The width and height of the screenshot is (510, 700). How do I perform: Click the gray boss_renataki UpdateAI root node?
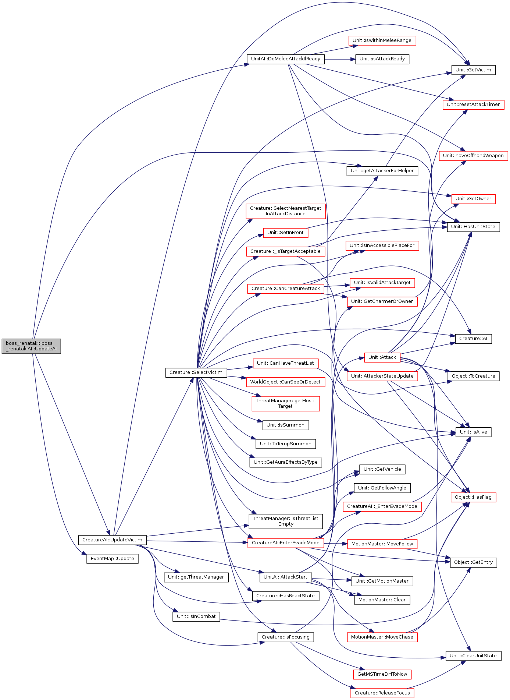click(31, 346)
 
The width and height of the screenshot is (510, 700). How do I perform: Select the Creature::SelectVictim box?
click(196, 372)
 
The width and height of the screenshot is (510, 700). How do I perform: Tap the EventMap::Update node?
click(113, 559)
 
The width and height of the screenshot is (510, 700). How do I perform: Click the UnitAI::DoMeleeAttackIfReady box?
click(286, 59)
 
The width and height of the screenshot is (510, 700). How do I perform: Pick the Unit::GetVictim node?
click(473, 70)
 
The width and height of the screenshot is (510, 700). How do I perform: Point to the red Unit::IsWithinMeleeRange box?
click(382, 40)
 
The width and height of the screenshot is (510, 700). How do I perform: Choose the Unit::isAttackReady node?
click(382, 59)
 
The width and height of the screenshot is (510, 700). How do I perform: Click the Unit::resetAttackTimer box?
click(473, 105)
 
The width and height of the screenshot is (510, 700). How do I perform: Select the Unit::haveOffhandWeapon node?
click(473, 156)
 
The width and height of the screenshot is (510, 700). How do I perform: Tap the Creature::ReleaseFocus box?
click(382, 693)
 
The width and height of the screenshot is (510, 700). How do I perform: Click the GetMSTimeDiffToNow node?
click(382, 674)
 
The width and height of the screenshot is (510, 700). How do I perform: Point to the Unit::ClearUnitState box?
click(473, 656)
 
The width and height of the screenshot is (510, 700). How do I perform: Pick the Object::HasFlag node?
click(473, 497)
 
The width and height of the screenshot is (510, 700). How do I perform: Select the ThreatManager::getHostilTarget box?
click(286, 403)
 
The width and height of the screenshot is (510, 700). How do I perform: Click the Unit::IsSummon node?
click(286, 425)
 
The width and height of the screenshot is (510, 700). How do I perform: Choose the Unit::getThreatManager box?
click(196, 577)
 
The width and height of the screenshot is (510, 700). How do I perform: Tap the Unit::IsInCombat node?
click(196, 616)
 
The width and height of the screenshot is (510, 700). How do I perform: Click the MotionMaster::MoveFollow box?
click(382, 544)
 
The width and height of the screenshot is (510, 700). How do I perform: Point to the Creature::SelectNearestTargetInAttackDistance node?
click(286, 211)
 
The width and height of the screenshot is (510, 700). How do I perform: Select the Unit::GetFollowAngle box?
click(382, 488)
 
